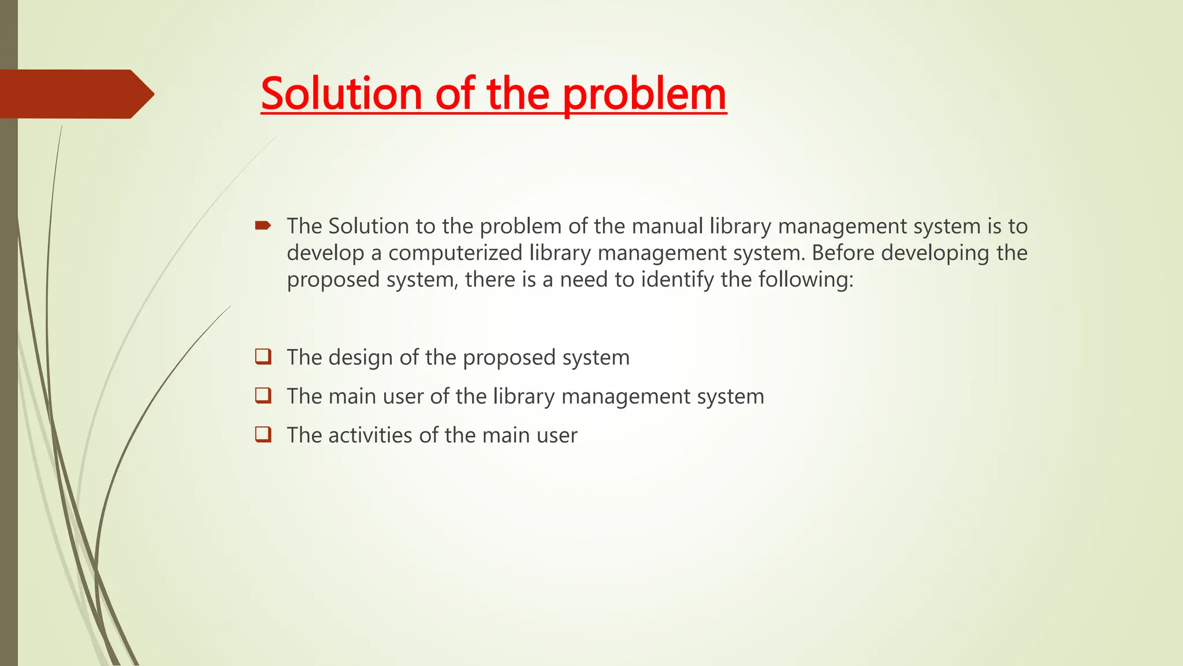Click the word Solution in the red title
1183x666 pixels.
[x=341, y=94]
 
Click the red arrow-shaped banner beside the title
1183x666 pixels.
[x=75, y=94]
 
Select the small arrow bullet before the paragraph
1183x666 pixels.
[x=263, y=225]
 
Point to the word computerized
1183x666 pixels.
[x=455, y=253]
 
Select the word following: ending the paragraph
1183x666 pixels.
[x=806, y=280]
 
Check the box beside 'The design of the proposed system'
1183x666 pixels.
[x=263, y=356]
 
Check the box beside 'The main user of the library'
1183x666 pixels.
[x=263, y=395]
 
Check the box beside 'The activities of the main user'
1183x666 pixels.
[x=263, y=434]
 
